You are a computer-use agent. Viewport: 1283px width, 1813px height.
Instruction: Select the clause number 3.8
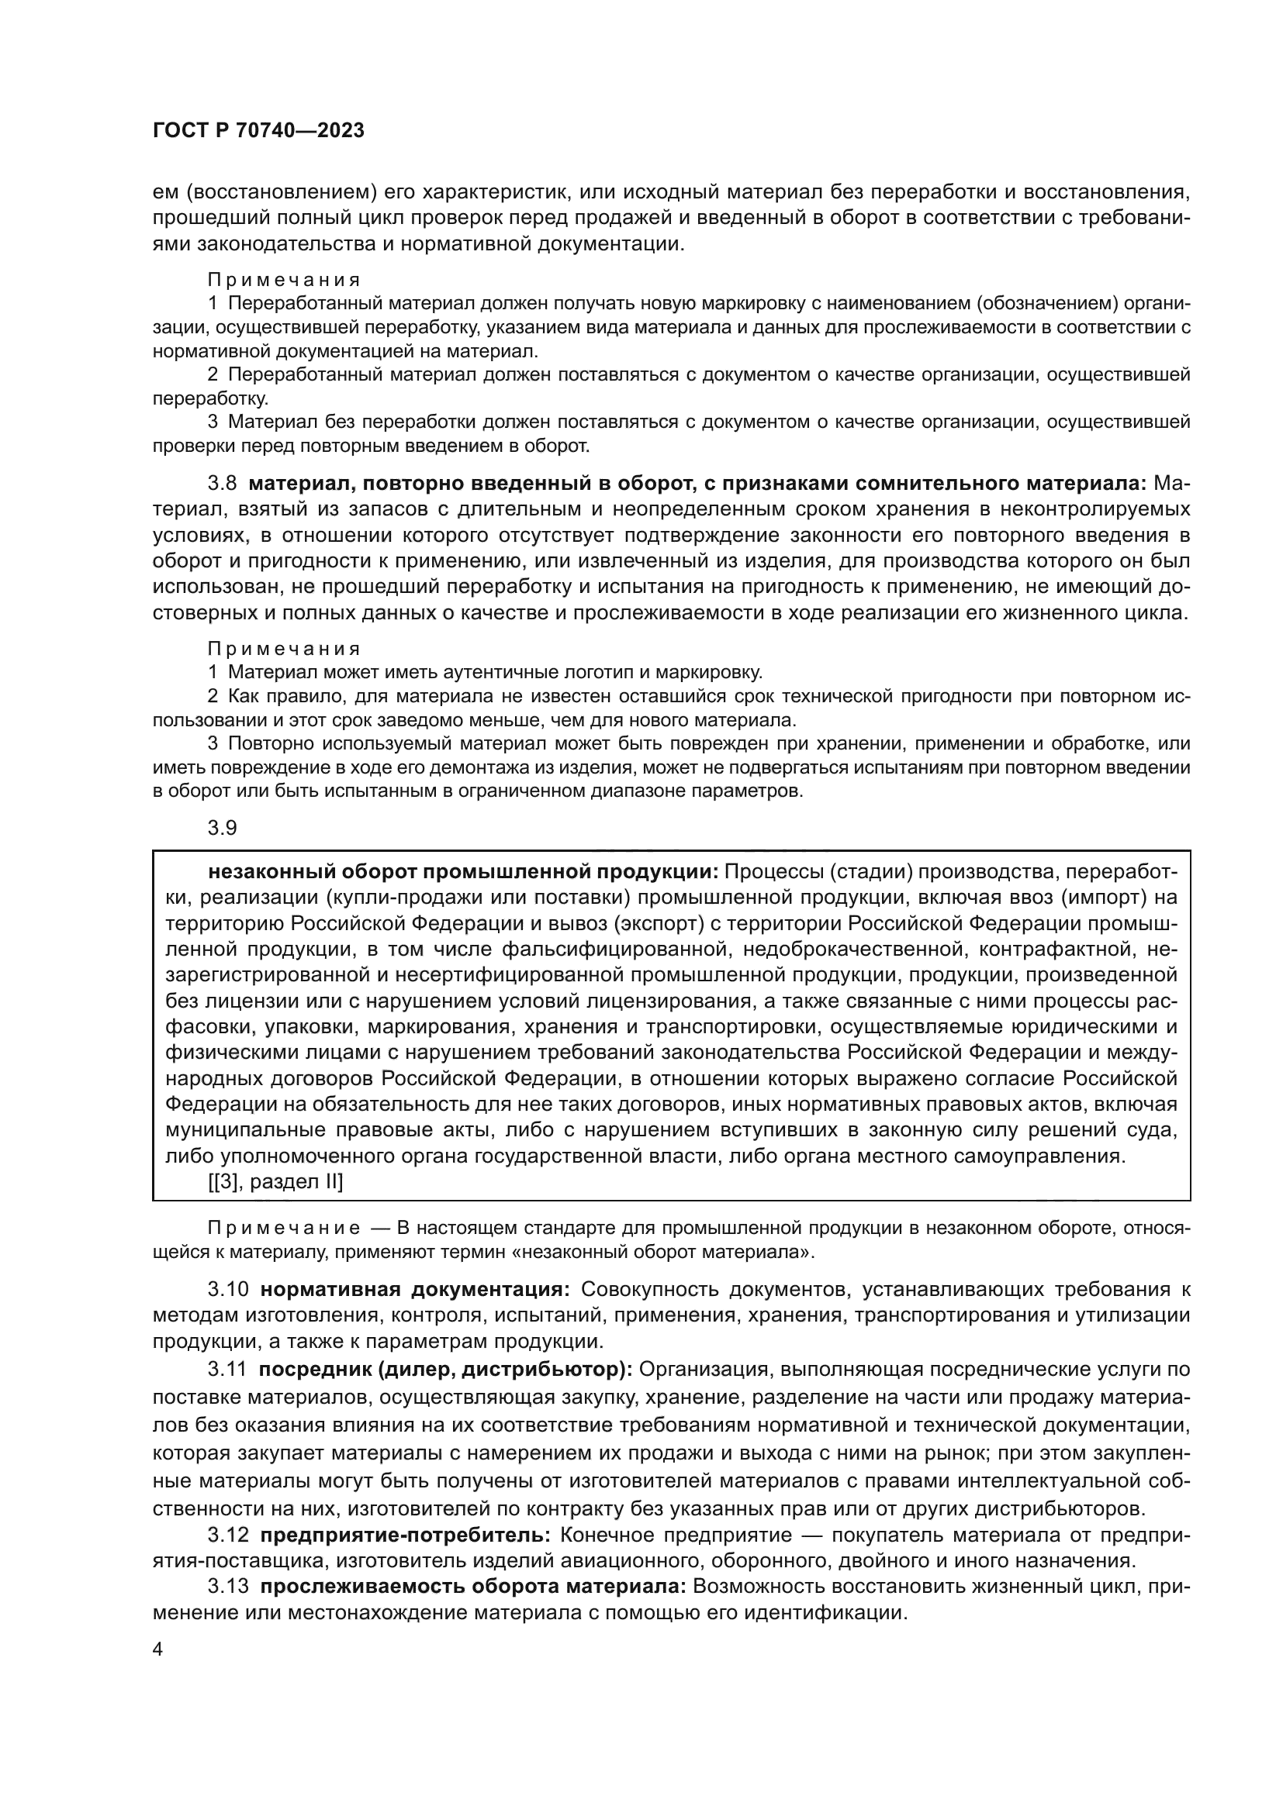222,483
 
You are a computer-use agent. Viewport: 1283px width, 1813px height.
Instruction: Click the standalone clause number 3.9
222,828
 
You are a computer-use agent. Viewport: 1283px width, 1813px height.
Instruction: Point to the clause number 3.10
227,1290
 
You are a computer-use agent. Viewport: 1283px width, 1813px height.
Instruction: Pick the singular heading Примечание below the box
284,1229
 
